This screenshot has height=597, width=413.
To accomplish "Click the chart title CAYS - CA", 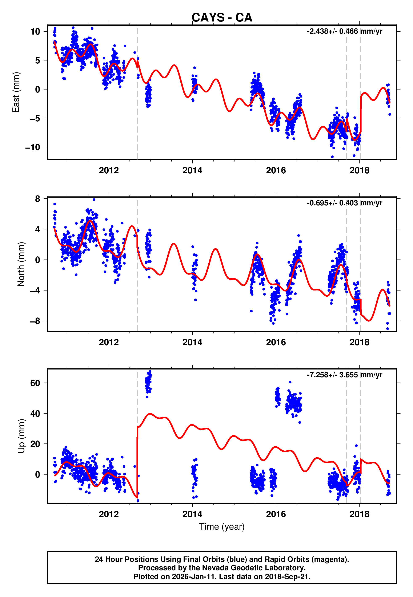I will click(x=222, y=18).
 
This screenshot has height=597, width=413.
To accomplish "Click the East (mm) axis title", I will click(x=16, y=92).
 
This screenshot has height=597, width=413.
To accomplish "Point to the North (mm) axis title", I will click(x=21, y=264).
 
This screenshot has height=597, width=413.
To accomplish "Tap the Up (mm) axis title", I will click(x=21, y=436).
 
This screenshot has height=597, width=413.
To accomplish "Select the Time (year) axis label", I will click(x=222, y=527).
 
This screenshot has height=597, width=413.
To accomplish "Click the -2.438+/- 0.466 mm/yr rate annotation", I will click(x=344, y=31).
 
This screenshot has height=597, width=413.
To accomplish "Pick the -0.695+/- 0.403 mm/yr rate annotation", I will click(x=344, y=203).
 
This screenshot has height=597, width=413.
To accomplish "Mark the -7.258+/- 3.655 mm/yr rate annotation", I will click(x=344, y=375).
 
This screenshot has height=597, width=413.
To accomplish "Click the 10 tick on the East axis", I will click(x=35, y=32).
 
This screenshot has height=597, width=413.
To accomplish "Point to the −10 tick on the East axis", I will click(x=33, y=147).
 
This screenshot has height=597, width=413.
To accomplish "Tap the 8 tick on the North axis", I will click(x=38, y=199).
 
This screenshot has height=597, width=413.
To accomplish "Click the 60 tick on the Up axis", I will click(x=35, y=383).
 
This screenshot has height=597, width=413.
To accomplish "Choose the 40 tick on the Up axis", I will click(x=35, y=414).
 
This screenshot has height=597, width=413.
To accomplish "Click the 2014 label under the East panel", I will click(x=192, y=170).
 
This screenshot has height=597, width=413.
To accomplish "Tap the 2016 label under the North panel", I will click(x=276, y=342).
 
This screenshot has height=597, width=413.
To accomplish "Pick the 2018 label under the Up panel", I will click(x=360, y=514).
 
